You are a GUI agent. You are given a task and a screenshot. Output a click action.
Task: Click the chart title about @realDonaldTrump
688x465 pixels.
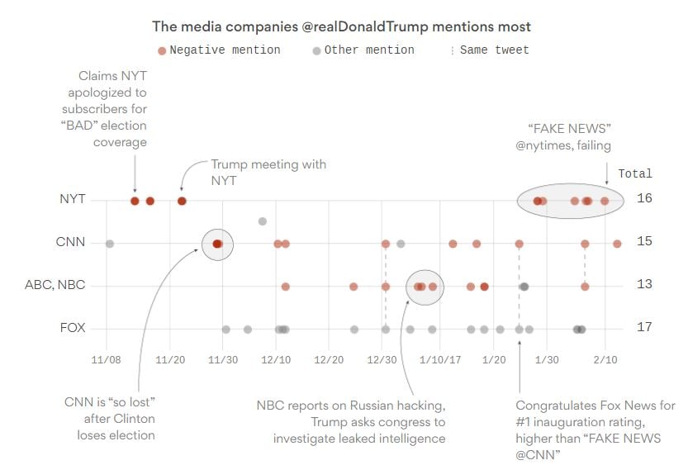click(x=341, y=27)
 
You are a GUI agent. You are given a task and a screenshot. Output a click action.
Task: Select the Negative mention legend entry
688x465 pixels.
click(x=219, y=50)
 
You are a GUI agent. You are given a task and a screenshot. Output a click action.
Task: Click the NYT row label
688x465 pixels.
click(x=71, y=200)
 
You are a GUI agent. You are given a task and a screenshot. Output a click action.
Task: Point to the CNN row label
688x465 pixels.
click(x=71, y=243)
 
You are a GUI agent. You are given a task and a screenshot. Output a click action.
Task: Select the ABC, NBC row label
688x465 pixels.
click(x=55, y=286)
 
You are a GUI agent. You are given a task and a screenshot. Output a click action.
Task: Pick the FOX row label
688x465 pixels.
click(x=72, y=328)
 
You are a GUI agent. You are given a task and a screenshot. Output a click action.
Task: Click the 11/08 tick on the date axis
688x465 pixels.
click(x=107, y=360)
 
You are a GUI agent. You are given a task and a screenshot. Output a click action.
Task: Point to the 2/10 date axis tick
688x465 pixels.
click(x=605, y=360)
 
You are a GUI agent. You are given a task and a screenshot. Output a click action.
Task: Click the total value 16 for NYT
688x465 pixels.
click(x=644, y=199)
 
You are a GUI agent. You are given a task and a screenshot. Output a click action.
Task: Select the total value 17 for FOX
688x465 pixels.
click(x=644, y=327)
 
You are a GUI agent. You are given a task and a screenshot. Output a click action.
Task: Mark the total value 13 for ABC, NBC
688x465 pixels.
click(x=644, y=285)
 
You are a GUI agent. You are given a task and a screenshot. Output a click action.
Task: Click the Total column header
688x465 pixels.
click(x=635, y=174)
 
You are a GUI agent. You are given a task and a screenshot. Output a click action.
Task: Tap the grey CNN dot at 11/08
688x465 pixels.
click(x=109, y=244)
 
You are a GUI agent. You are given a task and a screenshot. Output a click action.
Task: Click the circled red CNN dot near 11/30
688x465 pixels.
click(x=217, y=244)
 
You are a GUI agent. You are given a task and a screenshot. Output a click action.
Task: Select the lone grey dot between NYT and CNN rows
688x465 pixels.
click(x=263, y=221)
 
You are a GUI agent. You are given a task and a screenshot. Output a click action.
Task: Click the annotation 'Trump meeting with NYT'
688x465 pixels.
click(x=268, y=172)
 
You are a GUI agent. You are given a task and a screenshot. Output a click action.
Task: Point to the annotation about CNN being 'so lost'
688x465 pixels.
click(x=110, y=418)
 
